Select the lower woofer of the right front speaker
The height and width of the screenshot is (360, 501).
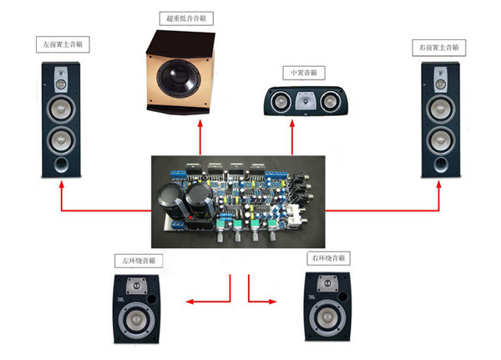[x=438, y=137]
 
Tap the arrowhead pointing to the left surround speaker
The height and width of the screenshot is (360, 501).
[x=190, y=302]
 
